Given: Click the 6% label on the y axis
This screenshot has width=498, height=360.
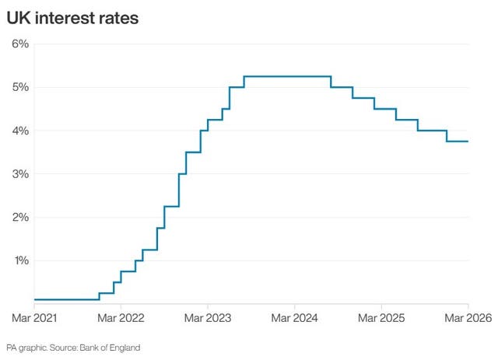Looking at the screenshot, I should [20, 44].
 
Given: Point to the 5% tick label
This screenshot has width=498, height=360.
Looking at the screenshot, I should [20, 87].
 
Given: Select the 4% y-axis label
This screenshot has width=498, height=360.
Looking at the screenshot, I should [20, 131].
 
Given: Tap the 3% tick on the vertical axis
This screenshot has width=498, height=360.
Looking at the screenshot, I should [20, 174].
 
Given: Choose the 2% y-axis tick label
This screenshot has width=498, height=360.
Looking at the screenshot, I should [20, 218].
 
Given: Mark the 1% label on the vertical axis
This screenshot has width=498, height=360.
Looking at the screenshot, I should [20, 260].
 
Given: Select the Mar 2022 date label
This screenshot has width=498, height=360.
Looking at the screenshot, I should [121, 318].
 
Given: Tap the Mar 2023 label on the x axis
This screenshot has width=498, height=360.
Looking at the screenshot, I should [207, 318].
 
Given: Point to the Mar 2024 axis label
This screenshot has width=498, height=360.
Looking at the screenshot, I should [294, 318].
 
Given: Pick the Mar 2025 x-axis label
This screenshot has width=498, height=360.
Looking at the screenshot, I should [381, 318].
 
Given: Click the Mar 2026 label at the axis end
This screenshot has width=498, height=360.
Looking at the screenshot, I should [467, 318].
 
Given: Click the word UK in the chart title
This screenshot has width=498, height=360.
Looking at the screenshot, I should [18, 18].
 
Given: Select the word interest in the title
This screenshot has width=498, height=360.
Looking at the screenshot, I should [65, 18].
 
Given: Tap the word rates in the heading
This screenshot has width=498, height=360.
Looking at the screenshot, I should [119, 18].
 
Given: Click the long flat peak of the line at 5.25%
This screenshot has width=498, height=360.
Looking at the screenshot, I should [288, 76].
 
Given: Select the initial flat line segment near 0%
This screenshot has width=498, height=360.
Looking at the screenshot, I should [66, 299].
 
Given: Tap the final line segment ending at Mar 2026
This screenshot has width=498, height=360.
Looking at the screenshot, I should [458, 142].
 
